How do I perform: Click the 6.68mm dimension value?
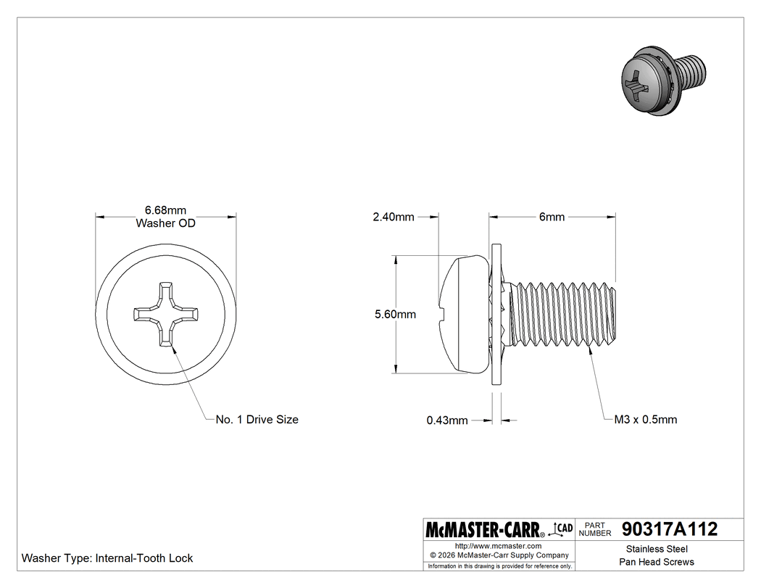166,210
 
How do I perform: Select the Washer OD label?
166,223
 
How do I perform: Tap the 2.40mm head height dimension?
394,217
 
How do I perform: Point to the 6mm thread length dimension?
552,217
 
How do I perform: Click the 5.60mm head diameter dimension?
395,314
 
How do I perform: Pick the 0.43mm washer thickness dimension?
447,420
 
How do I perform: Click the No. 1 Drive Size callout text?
257,420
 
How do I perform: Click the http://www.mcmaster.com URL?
498,546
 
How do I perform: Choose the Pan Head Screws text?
657,563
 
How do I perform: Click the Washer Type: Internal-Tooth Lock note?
107,558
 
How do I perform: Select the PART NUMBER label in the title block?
596,529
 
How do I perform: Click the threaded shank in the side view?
565,314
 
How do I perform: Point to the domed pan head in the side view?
464,314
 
